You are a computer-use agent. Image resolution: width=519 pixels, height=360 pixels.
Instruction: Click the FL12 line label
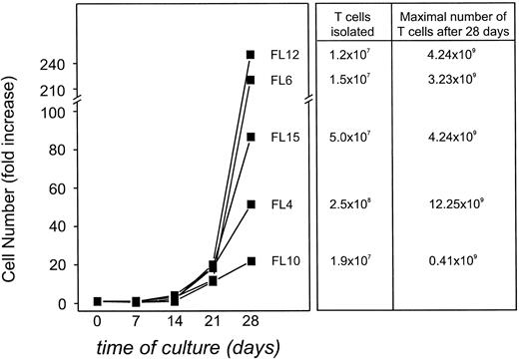(x=282, y=55)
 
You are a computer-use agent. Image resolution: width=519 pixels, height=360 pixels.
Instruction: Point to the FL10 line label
(x=282, y=261)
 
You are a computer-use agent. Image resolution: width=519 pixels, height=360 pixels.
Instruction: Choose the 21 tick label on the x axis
(x=211, y=325)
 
